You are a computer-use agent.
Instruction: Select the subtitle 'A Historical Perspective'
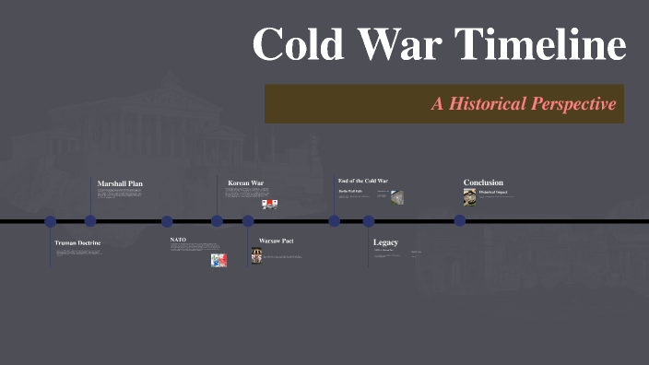click(523, 104)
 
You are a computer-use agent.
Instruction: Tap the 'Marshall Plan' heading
click(120, 183)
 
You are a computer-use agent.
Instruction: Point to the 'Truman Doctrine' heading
click(77, 243)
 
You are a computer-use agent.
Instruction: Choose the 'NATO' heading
click(178, 240)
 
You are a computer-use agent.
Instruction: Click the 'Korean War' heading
click(245, 183)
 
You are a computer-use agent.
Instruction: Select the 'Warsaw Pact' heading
click(276, 241)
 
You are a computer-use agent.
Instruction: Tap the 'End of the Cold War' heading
click(362, 181)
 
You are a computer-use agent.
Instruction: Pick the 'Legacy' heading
click(385, 242)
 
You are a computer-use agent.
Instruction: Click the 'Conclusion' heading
click(483, 182)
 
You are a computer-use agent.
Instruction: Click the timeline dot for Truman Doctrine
click(51, 221)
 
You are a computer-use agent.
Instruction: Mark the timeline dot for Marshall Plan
click(90, 221)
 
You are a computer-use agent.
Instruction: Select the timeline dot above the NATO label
click(167, 221)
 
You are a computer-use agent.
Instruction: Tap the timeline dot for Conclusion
click(459, 221)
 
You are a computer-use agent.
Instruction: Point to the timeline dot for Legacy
click(369, 221)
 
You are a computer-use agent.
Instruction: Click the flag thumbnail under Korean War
click(270, 204)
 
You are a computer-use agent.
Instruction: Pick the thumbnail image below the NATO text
click(218, 260)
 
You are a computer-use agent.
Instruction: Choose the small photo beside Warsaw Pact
click(257, 256)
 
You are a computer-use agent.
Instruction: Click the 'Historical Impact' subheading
click(493, 192)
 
